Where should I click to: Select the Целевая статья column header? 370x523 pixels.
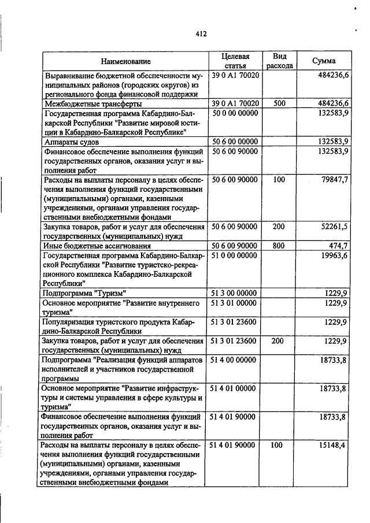tap(235, 61)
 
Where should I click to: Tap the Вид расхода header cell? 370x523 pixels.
tap(279, 61)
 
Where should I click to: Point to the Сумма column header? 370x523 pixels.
tap(324, 61)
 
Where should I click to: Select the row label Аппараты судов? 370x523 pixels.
tap(73, 141)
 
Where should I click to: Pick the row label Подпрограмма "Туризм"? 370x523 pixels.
tap(84, 293)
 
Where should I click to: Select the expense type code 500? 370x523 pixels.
tap(279, 103)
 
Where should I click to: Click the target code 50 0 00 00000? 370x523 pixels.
tap(235, 113)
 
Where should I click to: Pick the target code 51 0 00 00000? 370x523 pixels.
tap(235, 255)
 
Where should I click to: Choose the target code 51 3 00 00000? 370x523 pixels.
tap(235, 293)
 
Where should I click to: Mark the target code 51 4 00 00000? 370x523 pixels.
tap(235, 360)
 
